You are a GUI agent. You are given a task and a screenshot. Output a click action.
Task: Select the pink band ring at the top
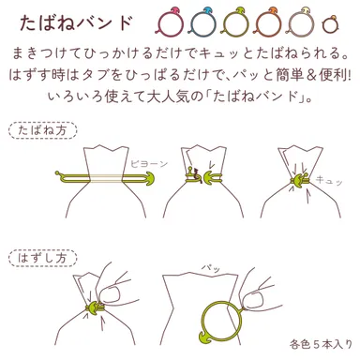170,20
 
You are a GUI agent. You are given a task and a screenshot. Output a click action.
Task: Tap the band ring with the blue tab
200,20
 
